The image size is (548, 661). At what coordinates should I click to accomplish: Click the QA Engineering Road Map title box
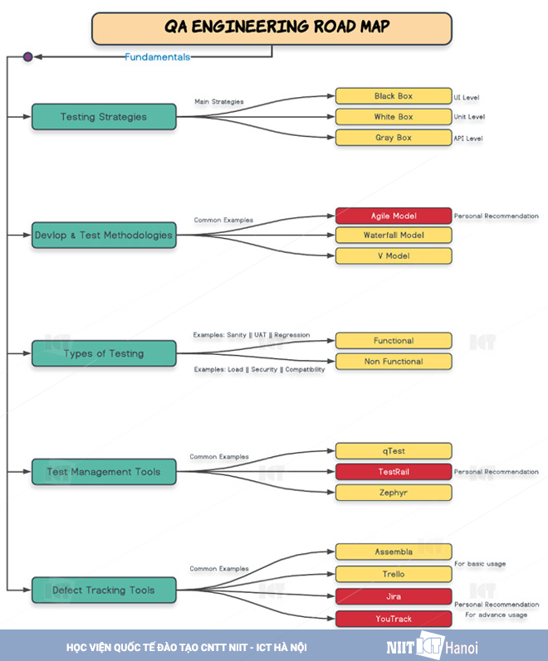pyautogui.click(x=272, y=27)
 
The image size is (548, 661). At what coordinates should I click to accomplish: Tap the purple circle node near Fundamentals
pyautogui.click(x=27, y=57)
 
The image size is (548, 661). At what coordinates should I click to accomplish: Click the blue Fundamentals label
pyautogui.click(x=157, y=57)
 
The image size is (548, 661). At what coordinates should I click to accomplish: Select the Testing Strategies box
pyautogui.click(x=104, y=117)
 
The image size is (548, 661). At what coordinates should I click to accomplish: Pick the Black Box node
pyautogui.click(x=394, y=96)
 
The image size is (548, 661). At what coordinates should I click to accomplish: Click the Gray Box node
pyautogui.click(x=394, y=138)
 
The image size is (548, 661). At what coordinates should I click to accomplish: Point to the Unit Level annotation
pyautogui.click(x=469, y=118)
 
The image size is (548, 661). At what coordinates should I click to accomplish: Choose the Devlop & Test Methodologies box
pyautogui.click(x=104, y=235)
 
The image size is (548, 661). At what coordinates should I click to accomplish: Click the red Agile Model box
pyautogui.click(x=394, y=216)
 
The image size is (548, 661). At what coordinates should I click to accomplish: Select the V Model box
pyautogui.click(x=394, y=255)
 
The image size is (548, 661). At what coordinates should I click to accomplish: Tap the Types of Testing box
pyautogui.click(x=104, y=353)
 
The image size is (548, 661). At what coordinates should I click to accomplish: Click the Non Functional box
pyautogui.click(x=394, y=362)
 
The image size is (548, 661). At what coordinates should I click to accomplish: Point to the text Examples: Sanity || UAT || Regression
pyautogui.click(x=251, y=335)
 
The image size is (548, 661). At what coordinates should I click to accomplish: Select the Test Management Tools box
pyautogui.click(x=104, y=472)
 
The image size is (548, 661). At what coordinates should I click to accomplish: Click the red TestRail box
pyautogui.click(x=394, y=472)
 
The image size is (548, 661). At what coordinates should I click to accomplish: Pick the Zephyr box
pyautogui.click(x=394, y=493)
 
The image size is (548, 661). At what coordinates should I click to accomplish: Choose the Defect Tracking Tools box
pyautogui.click(x=104, y=590)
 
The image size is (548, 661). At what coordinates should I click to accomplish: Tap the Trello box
pyautogui.click(x=394, y=574)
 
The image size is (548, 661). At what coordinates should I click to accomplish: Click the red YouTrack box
pyautogui.click(x=394, y=619)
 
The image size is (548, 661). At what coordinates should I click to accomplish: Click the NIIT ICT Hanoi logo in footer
pyautogui.click(x=432, y=646)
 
